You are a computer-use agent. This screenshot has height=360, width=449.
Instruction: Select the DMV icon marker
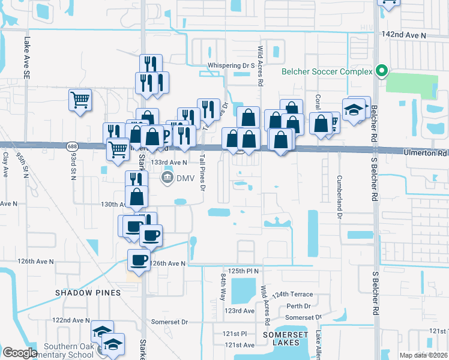(x=167, y=178)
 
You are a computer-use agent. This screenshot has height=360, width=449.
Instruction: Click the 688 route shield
(x=73, y=146)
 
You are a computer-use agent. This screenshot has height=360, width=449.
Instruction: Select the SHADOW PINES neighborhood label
(x=88, y=292)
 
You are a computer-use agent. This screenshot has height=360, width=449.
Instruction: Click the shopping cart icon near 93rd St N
(x=80, y=100)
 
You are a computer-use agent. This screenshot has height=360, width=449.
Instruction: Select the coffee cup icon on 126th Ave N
(x=139, y=259)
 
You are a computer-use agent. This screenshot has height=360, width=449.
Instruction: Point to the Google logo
(x=20, y=353)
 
